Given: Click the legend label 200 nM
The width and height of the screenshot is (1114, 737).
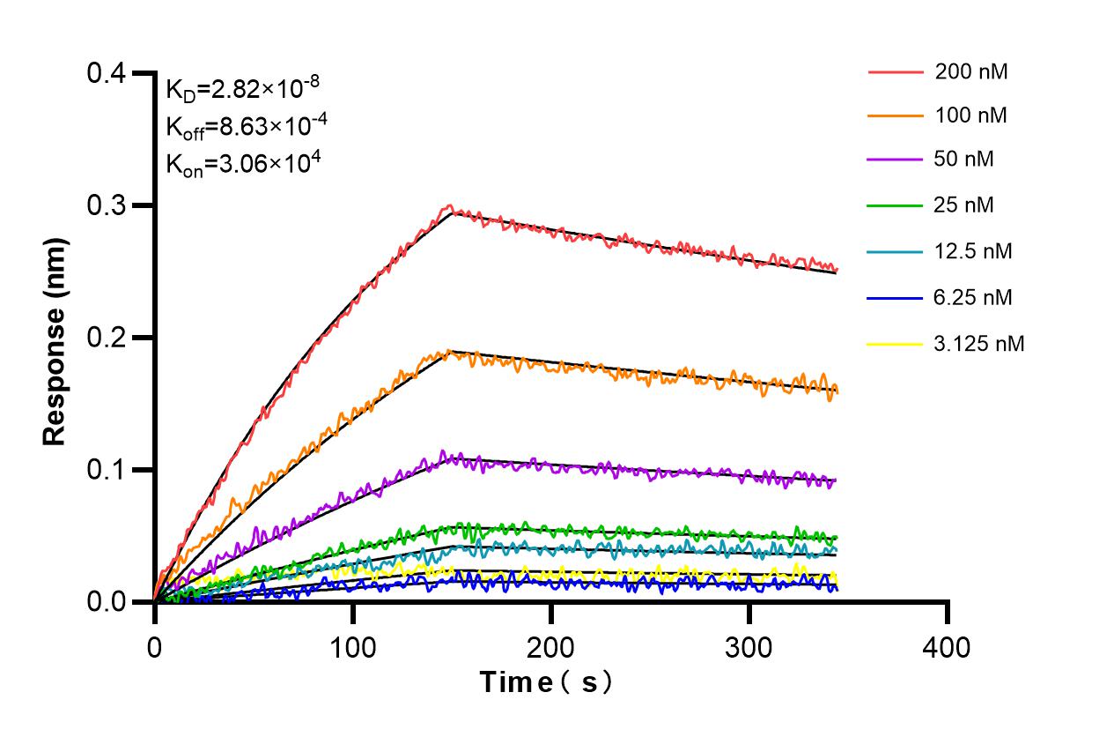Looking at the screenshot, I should click(x=971, y=72).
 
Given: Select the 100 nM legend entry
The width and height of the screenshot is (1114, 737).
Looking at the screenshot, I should click(x=971, y=115).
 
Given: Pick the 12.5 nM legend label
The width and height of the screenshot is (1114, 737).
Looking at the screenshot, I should click(x=973, y=251).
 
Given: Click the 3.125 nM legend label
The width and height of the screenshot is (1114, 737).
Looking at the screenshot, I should click(x=979, y=344).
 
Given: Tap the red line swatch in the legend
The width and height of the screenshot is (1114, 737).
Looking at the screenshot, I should click(x=896, y=72).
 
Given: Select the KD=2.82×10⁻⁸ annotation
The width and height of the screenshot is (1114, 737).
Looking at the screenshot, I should click(x=242, y=88).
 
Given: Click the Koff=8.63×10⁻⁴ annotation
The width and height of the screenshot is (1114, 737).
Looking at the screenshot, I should click(x=247, y=127).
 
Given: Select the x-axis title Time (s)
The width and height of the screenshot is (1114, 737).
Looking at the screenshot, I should click(x=546, y=681).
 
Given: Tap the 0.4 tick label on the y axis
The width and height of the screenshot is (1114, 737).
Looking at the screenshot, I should click(x=107, y=73).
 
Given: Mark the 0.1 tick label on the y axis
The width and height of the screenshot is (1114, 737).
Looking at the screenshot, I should click(x=107, y=470).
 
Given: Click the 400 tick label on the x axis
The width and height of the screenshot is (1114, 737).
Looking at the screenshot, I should click(x=947, y=648).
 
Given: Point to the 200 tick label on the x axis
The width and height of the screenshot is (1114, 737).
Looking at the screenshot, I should click(x=550, y=648).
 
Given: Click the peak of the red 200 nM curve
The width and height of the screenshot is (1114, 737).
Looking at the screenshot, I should click(x=449, y=207).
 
